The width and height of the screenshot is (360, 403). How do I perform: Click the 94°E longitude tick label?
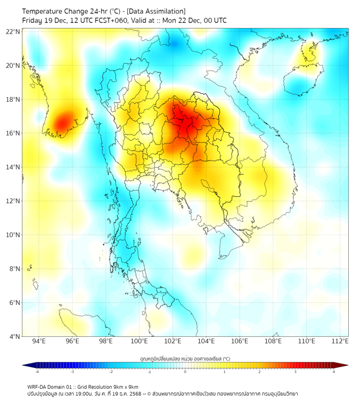[39, 341]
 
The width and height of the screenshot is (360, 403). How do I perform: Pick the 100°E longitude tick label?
[139, 341]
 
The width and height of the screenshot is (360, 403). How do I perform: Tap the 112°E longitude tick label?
[340, 341]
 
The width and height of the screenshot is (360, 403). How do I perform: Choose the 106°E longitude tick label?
[240, 341]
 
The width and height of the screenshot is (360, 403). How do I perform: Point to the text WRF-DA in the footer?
[37, 386]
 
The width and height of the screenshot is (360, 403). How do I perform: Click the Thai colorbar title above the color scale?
[185, 359]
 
